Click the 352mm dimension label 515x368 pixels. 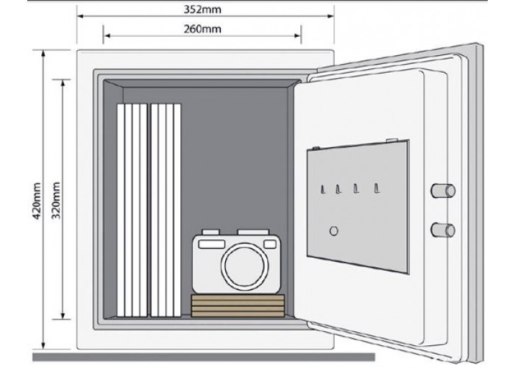(202, 10)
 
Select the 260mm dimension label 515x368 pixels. (202, 29)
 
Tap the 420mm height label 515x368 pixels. (37, 201)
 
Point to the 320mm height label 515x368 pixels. (56, 200)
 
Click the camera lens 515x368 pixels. (245, 264)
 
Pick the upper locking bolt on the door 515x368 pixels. (443, 191)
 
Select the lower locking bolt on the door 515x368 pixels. (443, 230)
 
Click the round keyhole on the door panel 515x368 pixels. (334, 231)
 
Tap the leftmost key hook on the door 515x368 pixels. (323, 189)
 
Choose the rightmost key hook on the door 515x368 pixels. (377, 188)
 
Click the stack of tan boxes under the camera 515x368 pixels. (238, 306)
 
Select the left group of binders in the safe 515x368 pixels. (132, 210)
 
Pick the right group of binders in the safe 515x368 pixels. (166, 210)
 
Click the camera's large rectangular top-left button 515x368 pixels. (212, 244)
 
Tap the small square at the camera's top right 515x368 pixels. (270, 244)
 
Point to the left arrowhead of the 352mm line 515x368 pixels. (80, 15)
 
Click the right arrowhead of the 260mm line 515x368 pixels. (297, 35)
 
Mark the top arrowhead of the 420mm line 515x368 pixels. (43, 54)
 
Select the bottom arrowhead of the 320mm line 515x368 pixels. (63, 315)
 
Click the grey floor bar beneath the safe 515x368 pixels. (204, 357)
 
